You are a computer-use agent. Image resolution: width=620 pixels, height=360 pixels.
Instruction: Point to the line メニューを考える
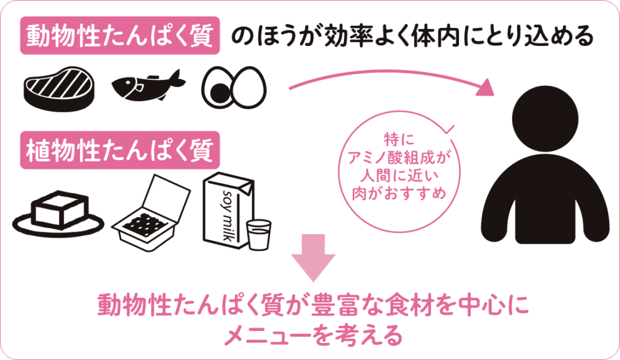(x=313, y=333)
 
